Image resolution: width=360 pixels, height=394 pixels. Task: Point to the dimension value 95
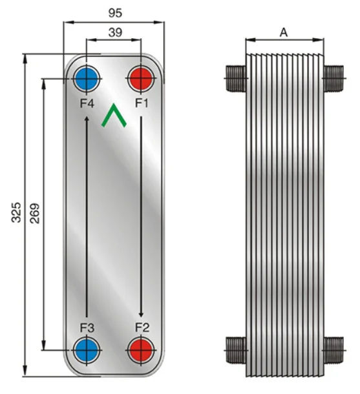coord(114,12)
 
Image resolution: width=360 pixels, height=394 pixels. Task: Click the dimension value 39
coord(114,32)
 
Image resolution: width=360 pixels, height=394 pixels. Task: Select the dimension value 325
coord(17,214)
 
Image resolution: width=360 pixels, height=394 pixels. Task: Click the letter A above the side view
coord(283,32)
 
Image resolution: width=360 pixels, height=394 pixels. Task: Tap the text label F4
coord(87,103)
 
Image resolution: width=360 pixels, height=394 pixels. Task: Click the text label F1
coord(142,103)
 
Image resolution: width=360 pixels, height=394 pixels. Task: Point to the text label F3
coord(87,327)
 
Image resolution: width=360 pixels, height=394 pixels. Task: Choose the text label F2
coord(142,327)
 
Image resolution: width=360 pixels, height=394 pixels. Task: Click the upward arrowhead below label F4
coord(87,118)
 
